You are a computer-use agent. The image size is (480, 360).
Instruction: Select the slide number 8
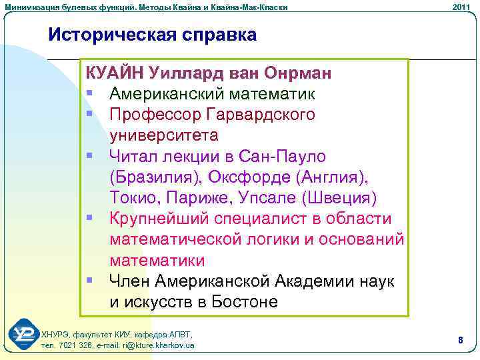(460, 340)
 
